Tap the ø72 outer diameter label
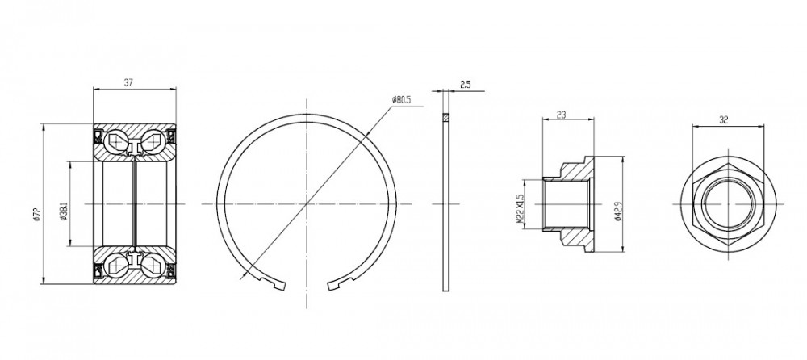click(36, 215)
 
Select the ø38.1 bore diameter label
click(64, 211)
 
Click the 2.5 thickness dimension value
click(466, 85)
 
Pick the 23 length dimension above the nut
click(561, 115)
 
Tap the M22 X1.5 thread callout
click(519, 208)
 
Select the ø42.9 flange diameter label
click(618, 211)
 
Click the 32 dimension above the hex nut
click(724, 120)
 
